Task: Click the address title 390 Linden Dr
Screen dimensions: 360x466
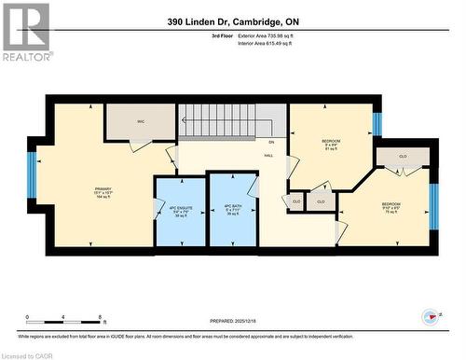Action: coord(233,21)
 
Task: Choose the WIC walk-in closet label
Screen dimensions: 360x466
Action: coord(140,121)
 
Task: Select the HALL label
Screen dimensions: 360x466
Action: coord(268,156)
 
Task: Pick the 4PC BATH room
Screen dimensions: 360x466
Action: coord(228,211)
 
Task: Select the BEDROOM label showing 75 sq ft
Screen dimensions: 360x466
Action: coord(391,208)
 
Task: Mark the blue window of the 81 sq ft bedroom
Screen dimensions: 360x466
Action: coord(377,122)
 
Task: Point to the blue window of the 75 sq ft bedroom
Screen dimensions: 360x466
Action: coord(432,205)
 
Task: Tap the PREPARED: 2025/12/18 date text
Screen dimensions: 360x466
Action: coord(233,323)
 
